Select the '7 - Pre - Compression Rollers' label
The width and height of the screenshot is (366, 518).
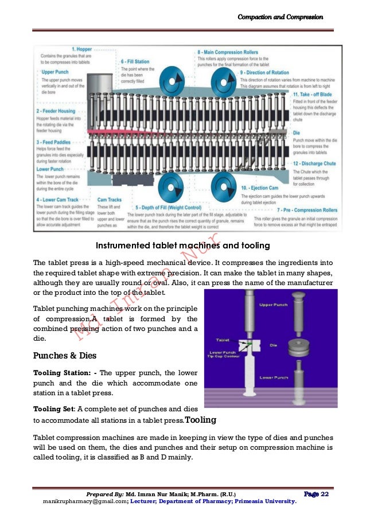click(302, 210)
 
